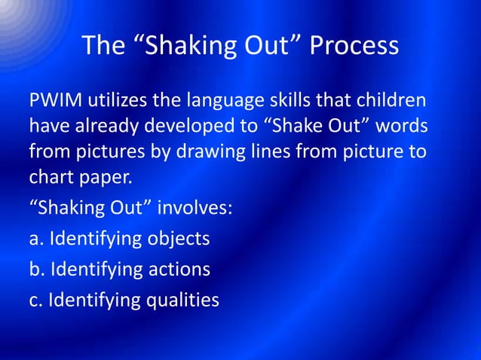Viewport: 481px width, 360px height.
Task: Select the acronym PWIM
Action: click(56, 101)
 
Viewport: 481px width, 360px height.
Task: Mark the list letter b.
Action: click(35, 269)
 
